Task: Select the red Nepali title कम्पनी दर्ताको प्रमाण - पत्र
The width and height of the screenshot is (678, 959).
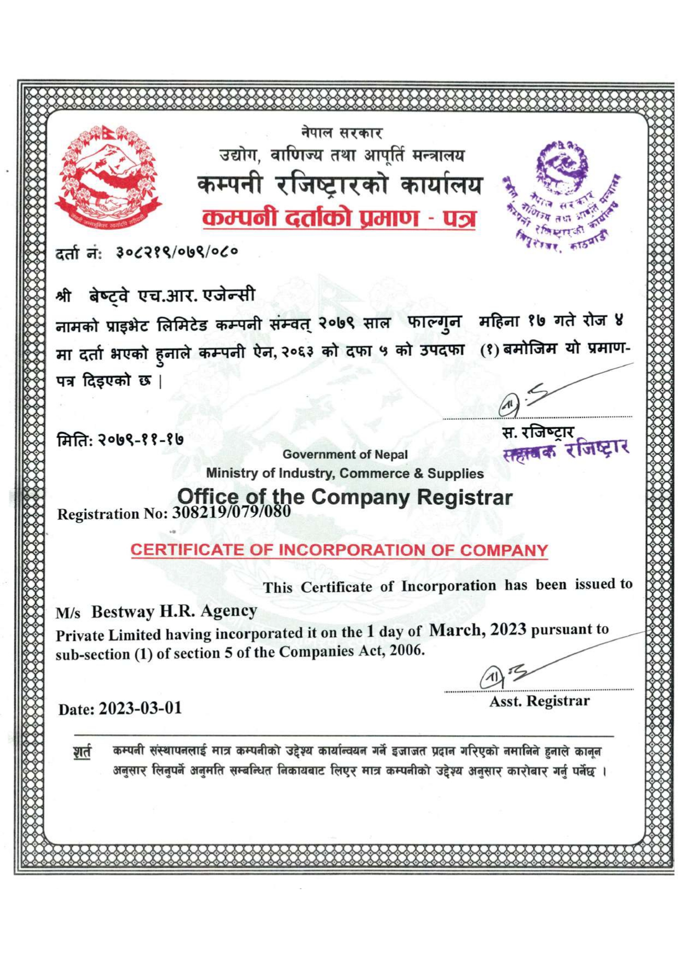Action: pyautogui.click(x=339, y=218)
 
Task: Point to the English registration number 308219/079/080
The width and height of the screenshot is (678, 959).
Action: pyautogui.click(x=231, y=512)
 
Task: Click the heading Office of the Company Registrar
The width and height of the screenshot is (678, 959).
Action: pyautogui.click(x=344, y=497)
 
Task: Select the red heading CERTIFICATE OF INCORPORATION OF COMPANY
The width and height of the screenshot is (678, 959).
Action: pyautogui.click(x=339, y=550)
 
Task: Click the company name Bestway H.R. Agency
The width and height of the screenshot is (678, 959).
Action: pyautogui.click(x=174, y=611)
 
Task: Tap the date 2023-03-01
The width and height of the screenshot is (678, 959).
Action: pyautogui.click(x=141, y=708)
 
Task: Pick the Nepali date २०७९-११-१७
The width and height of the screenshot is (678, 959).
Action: pyautogui.click(x=141, y=439)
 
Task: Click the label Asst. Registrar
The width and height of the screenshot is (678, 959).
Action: pyautogui.click(x=539, y=701)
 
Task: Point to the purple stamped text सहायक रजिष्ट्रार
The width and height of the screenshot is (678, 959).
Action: pyautogui.click(x=565, y=450)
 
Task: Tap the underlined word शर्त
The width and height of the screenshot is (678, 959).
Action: pyautogui.click(x=82, y=752)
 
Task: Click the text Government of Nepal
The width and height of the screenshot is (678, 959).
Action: pyautogui.click(x=345, y=454)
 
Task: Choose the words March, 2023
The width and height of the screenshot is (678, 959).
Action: pyautogui.click(x=477, y=629)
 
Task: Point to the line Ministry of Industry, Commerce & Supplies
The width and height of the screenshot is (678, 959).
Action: pyautogui.click(x=344, y=473)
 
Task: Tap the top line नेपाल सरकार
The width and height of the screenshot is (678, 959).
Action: pyautogui.click(x=341, y=132)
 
